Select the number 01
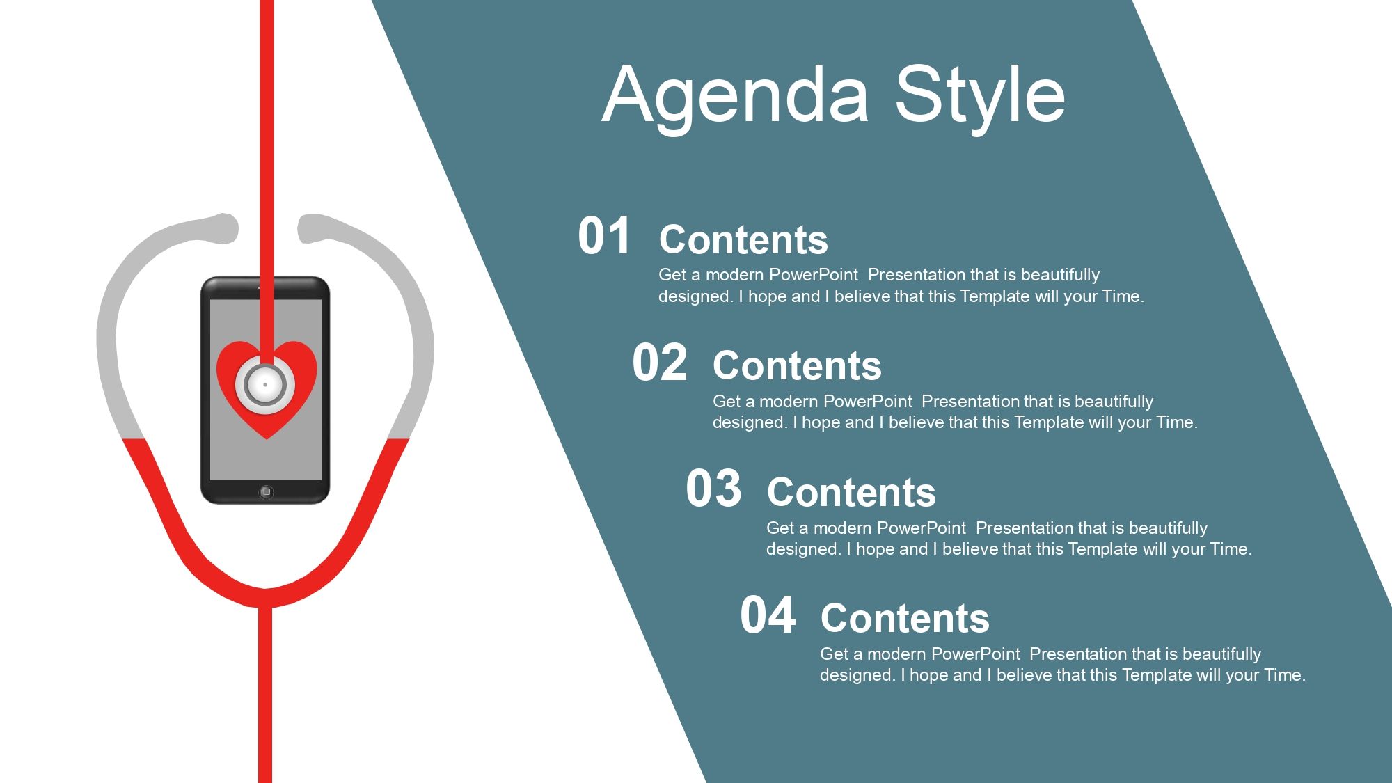[604, 236]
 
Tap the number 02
[659, 363]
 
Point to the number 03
[713, 489]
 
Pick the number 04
[768, 615]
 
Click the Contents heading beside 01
[743, 240]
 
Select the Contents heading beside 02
[797, 366]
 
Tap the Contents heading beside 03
[851, 493]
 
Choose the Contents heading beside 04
[905, 619]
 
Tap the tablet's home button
[265, 492]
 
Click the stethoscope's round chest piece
[265, 384]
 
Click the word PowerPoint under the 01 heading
[814, 275]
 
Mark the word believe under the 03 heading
[972, 549]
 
